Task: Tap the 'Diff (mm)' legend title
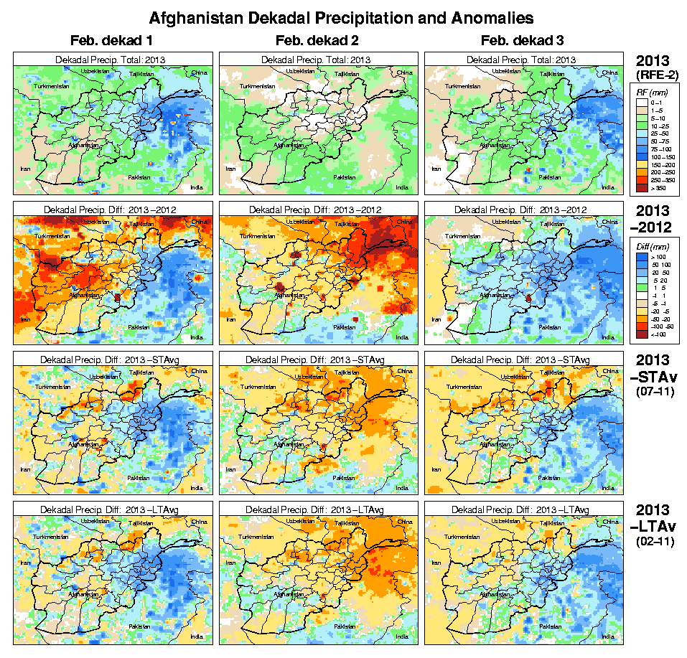[649, 246]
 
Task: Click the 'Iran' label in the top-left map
[25, 169]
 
